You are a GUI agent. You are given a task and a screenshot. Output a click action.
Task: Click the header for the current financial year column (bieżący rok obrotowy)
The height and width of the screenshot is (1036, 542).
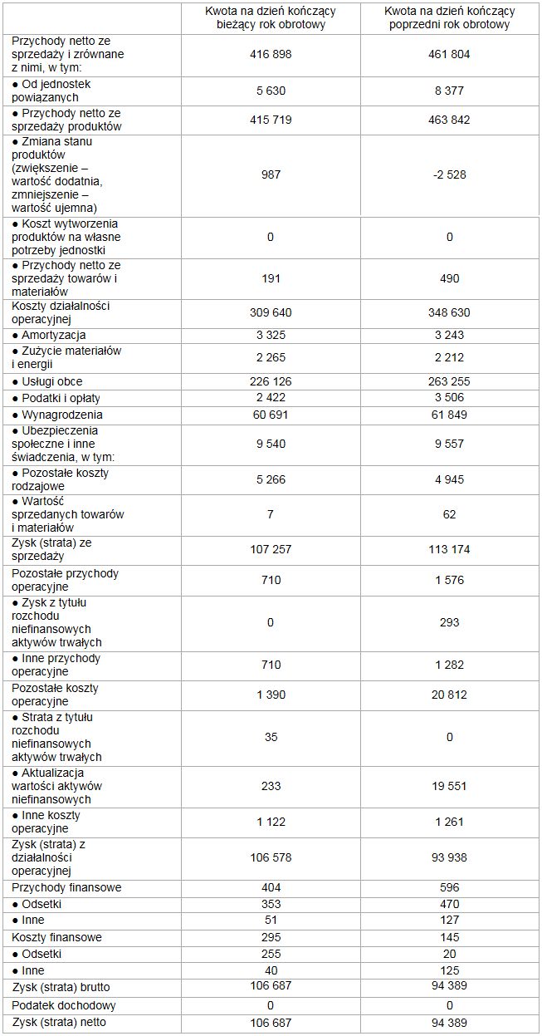(x=271, y=17)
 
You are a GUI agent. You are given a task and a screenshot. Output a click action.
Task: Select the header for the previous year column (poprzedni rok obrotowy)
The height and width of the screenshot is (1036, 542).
(x=450, y=17)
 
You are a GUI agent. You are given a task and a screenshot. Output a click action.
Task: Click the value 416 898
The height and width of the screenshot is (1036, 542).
(x=271, y=55)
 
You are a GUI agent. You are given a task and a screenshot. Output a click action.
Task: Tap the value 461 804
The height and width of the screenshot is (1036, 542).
(x=450, y=55)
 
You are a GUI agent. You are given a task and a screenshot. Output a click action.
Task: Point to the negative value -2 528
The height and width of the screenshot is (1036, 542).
(x=450, y=174)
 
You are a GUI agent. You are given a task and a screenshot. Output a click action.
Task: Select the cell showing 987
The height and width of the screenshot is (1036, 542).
(x=271, y=174)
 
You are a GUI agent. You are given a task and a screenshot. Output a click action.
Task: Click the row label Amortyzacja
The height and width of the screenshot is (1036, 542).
(x=54, y=335)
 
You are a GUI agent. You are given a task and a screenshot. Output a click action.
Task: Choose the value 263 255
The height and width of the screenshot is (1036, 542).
(x=450, y=381)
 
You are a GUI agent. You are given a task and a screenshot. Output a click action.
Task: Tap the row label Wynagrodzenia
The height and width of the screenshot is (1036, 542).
(x=57, y=415)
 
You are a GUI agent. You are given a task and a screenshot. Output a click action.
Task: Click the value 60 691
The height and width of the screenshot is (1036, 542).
(x=271, y=415)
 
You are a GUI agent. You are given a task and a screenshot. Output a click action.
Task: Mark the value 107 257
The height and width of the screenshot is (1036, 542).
(x=271, y=549)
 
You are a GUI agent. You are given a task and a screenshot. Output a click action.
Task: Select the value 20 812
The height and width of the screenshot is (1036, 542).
(x=450, y=695)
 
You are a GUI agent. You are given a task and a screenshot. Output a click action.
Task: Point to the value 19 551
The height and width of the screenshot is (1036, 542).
(x=450, y=786)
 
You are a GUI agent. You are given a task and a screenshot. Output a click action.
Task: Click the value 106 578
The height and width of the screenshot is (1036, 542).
(x=271, y=857)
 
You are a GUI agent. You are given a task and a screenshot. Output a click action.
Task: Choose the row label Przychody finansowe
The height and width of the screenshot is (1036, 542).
(x=66, y=887)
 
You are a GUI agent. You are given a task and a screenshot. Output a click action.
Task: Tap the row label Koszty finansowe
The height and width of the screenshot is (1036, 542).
(x=57, y=937)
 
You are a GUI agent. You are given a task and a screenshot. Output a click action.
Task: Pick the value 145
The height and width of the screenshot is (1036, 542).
(x=450, y=937)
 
